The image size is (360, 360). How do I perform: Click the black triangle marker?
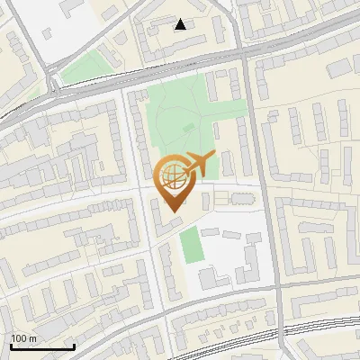[x=181, y=24]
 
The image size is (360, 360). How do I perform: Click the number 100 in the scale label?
[x=19, y=338]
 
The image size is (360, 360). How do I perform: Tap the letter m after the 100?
[x=32, y=338]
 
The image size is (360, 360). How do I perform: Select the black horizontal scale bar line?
[x=41, y=347]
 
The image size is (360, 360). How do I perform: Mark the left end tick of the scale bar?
[x=11, y=346]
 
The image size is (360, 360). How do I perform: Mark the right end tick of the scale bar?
[x=73, y=346]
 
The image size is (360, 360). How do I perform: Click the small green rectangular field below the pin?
[x=189, y=245]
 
